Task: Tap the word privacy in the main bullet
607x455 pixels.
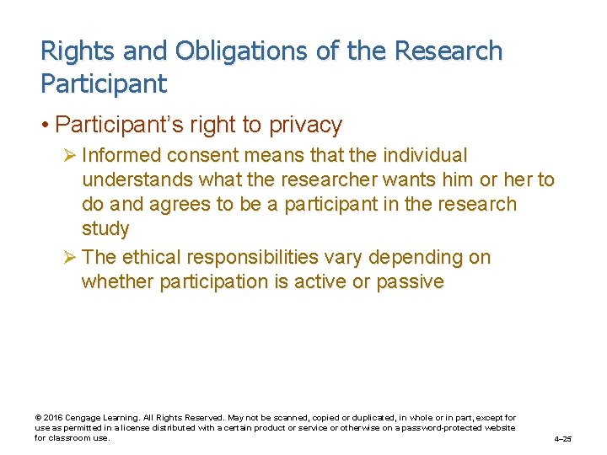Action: [305, 126]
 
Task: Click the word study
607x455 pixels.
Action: [105, 229]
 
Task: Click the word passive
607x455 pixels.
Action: [410, 281]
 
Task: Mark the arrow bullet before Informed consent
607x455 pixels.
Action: [70, 156]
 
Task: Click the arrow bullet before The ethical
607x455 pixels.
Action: [70, 257]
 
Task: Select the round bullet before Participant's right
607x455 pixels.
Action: [45, 126]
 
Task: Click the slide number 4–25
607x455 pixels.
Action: [563, 439]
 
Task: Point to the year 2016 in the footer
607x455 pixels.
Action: [52, 418]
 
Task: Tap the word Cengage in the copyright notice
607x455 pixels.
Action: [83, 418]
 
